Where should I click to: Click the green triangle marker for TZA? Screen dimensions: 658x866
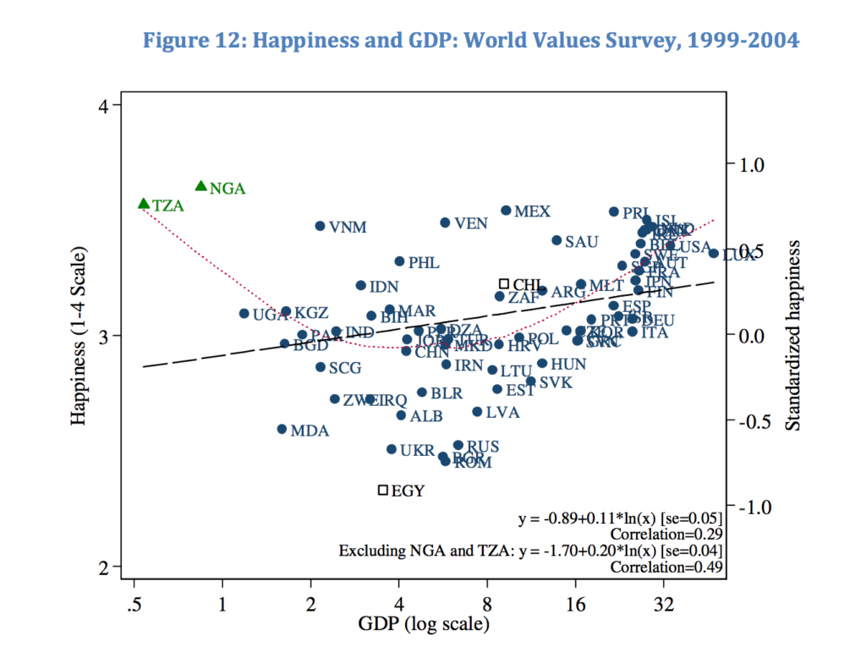[144, 204]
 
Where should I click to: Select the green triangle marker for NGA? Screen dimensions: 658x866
[201, 186]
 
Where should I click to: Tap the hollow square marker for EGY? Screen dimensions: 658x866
[383, 490]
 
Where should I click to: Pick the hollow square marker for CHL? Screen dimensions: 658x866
[504, 284]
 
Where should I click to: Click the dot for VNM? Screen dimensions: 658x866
[320, 226]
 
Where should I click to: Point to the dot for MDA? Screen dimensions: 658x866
[282, 430]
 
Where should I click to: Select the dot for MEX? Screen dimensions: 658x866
[506, 211]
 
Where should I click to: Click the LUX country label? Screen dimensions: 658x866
[738, 255]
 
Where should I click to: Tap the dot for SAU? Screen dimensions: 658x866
[556, 240]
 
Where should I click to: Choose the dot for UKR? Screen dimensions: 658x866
[391, 449]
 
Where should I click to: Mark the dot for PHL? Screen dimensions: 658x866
[399, 261]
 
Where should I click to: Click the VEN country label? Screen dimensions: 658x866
[470, 224]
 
